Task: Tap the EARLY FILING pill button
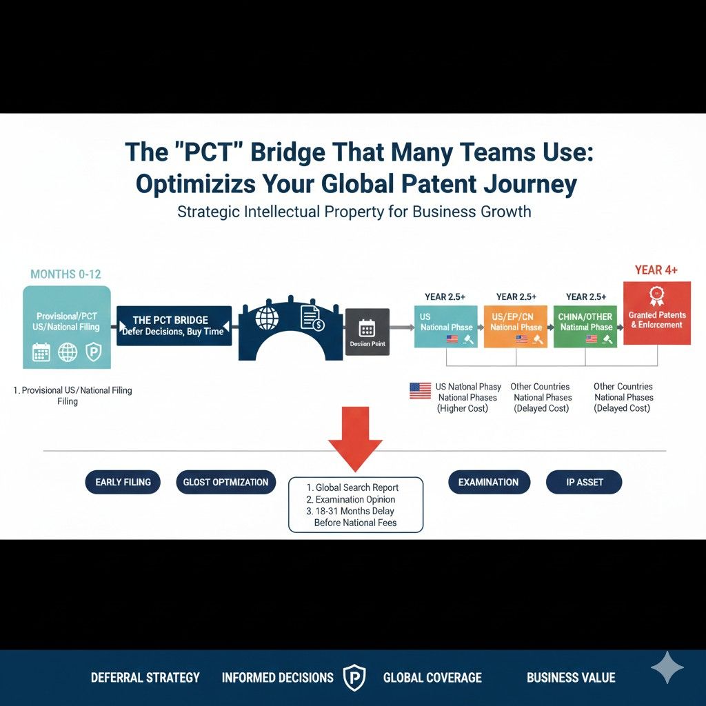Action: coord(123,482)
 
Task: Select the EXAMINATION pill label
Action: coord(488,482)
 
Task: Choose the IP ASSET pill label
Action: coord(584,482)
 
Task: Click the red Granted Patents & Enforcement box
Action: coord(657,314)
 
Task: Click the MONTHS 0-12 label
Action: coord(65,274)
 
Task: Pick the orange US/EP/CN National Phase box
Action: coord(516,325)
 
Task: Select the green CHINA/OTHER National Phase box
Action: coord(585,325)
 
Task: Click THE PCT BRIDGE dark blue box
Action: coord(174,325)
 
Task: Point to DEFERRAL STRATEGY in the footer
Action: coord(145,678)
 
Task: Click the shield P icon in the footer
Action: coord(354,677)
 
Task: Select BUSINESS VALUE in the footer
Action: coord(571,678)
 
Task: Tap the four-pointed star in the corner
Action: coord(667,667)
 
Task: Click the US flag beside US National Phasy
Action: coord(420,391)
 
